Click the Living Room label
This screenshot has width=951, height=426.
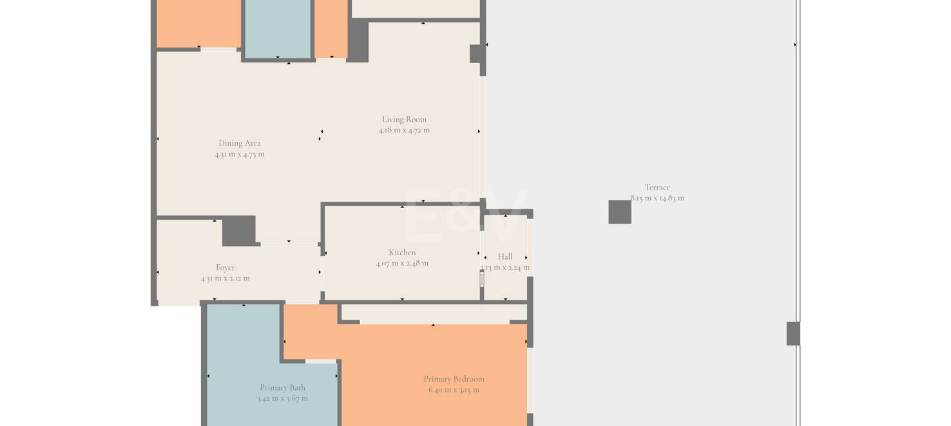point(404,119)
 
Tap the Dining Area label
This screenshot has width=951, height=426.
point(240,143)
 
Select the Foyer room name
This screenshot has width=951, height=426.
point(225,267)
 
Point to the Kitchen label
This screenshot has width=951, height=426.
point(402,252)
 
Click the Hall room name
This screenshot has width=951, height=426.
point(504,257)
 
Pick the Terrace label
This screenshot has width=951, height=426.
point(657,188)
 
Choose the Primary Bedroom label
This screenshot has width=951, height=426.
point(454,379)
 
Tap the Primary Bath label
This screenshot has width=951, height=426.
point(282,387)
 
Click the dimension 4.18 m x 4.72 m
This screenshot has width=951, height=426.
point(404,130)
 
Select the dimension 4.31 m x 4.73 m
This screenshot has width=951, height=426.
point(240,154)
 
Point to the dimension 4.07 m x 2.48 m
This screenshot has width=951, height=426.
point(402,264)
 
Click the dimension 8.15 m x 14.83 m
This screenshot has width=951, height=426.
point(657,198)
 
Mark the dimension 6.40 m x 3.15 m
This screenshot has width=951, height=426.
point(454,390)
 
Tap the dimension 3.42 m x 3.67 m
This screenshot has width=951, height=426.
point(282,398)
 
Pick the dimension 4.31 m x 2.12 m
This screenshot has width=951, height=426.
point(225,278)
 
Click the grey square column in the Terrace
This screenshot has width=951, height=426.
point(620,212)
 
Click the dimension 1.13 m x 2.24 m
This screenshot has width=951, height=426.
point(504,267)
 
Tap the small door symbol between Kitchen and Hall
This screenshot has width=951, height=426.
point(482,279)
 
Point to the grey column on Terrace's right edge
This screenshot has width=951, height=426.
point(793,334)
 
